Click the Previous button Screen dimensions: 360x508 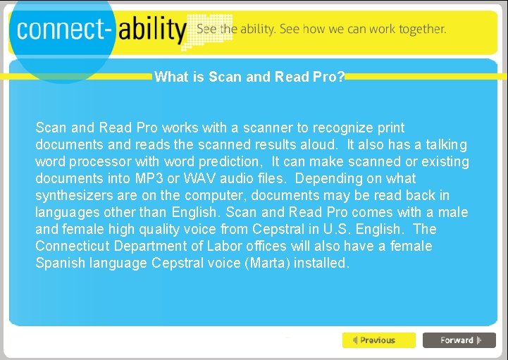378,340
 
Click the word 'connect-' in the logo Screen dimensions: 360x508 63,30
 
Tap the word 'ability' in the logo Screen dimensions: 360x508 151,30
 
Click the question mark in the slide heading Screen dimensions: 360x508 341,77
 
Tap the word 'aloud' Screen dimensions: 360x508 321,145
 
